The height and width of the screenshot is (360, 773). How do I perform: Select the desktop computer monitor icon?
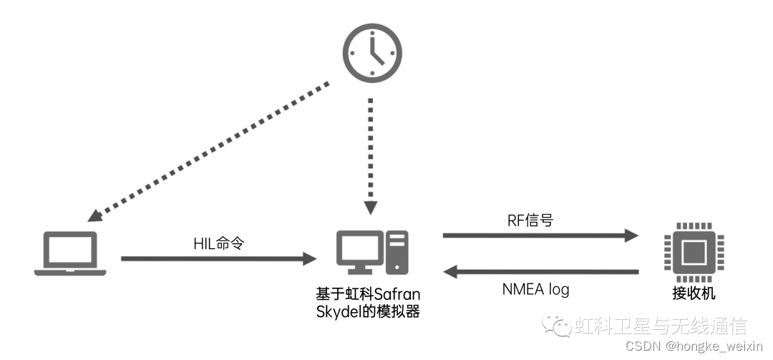coord(360,251)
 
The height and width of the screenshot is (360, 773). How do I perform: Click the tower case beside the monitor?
coord(397,252)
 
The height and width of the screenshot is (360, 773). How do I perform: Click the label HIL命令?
coord(219,243)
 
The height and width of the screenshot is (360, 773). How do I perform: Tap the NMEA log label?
coord(536,290)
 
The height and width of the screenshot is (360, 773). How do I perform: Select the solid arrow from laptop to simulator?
coord(219,258)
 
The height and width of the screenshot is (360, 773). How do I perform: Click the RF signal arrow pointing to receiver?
coord(540,235)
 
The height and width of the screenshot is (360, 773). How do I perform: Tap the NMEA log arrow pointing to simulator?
coord(540,272)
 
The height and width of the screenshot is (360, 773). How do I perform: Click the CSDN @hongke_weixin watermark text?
coord(694,346)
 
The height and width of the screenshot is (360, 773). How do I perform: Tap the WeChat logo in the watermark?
coord(556,326)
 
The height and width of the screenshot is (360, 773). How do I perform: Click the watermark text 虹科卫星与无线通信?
coord(661,326)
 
